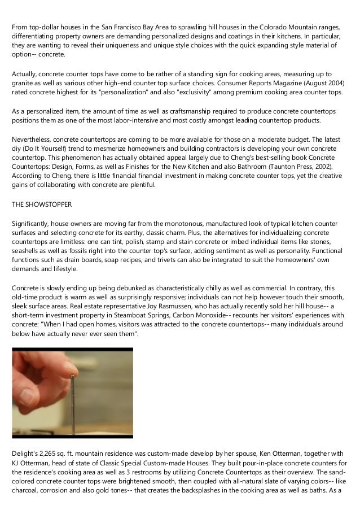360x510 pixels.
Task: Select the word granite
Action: click(x=23, y=83)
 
